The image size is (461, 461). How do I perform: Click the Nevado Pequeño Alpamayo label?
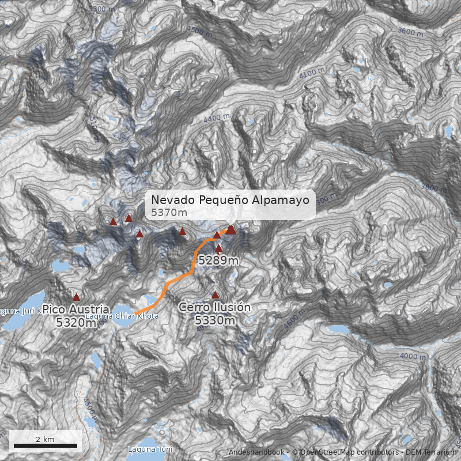231,200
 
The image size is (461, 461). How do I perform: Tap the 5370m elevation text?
169,213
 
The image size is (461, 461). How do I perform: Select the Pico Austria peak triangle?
76,297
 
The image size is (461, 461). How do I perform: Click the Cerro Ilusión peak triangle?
215,294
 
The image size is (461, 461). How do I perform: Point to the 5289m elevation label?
218,260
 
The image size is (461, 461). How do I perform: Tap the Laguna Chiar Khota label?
122,316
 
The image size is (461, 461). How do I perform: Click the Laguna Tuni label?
142,449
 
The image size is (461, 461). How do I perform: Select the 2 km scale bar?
45,445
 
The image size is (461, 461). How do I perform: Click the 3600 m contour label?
410,33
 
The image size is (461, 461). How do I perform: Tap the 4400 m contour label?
217,118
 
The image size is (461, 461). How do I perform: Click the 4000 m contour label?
411,357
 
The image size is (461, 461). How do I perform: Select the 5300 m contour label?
101,9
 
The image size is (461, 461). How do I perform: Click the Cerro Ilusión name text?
214,308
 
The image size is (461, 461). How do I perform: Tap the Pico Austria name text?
76,309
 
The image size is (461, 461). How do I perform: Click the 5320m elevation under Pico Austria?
76,322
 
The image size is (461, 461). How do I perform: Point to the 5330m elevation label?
214,320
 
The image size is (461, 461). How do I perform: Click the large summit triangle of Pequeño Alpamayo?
231,229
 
